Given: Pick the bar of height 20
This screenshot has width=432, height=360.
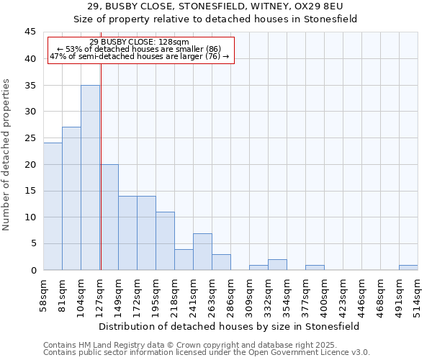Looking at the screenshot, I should pos(109,217).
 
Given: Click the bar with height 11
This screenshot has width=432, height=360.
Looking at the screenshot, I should pos(165,240).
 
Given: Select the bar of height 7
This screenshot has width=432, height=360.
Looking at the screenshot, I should pos(202,251).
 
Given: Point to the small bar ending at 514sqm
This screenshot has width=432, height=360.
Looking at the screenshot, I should pos(408,267).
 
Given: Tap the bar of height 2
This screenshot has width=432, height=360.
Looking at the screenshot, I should pos(277,264).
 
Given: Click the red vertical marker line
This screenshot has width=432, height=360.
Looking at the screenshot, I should pos(101,180).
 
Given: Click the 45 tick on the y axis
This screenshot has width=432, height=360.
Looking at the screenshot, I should pos(31,32).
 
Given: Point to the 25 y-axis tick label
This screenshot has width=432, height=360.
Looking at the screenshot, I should pos(31,138).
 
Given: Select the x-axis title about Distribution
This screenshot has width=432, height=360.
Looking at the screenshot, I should pos(230,326).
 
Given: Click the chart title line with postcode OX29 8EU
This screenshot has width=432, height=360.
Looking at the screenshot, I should pos(216,6).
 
